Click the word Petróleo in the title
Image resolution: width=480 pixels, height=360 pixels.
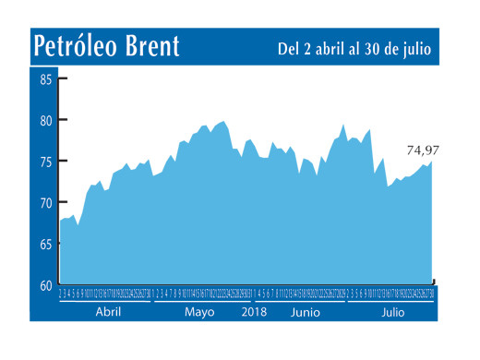click(x=78, y=45)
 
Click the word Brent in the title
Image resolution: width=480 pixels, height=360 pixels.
click(x=152, y=45)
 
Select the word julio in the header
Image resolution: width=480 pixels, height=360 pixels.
click(x=414, y=47)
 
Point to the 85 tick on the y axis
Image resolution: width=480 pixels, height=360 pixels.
click(x=45, y=79)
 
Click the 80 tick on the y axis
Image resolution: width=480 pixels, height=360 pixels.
click(x=45, y=120)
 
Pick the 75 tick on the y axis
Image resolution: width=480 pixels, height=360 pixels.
click(x=45, y=162)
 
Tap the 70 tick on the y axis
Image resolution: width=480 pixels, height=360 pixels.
click(x=45, y=203)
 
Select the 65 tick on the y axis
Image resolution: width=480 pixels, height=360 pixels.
click(x=45, y=245)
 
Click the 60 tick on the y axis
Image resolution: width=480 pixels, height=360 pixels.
click(x=45, y=285)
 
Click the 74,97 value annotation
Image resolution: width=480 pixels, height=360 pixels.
click(x=423, y=150)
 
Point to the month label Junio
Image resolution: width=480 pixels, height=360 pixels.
click(x=305, y=313)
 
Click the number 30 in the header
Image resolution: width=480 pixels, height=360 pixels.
click(x=367, y=47)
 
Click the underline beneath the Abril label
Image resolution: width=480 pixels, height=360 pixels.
click(x=103, y=301)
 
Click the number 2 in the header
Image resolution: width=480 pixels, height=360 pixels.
click(x=307, y=47)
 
